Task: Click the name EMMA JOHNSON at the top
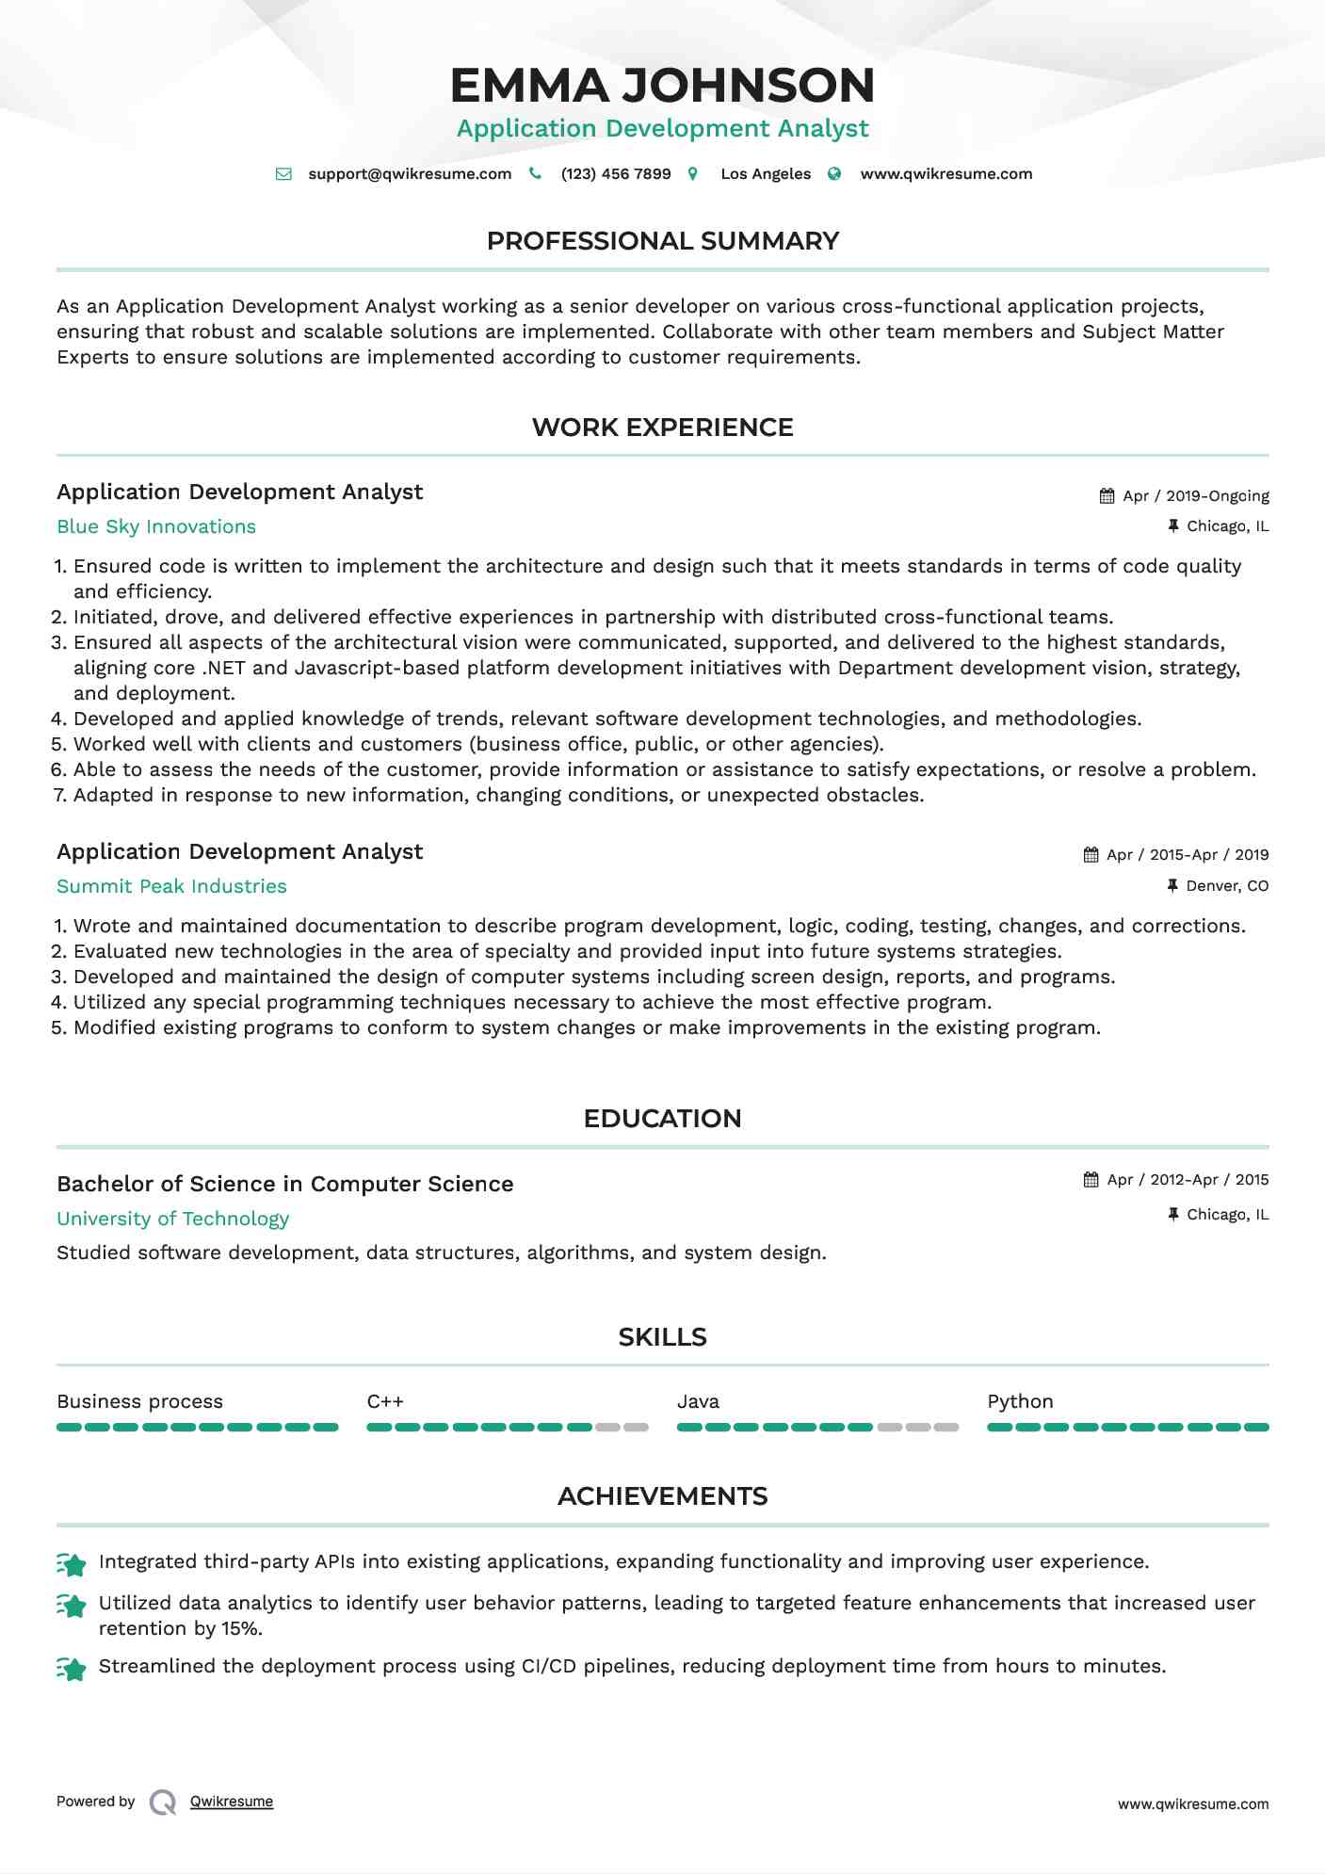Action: click(x=662, y=86)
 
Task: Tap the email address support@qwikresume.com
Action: click(x=410, y=174)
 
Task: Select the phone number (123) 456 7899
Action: click(x=616, y=174)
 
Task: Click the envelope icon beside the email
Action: click(x=283, y=174)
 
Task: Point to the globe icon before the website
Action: click(x=834, y=174)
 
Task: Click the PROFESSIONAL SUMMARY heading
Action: click(x=662, y=241)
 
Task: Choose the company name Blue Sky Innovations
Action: click(x=156, y=526)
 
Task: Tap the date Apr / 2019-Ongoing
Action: click(x=1196, y=496)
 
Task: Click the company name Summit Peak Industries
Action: click(x=171, y=886)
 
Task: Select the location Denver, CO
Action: click(x=1227, y=886)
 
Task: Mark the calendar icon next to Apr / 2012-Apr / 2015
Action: click(x=1091, y=1180)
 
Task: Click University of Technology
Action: click(x=172, y=1219)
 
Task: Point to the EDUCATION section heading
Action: click(x=662, y=1119)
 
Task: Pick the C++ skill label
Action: click(x=385, y=1401)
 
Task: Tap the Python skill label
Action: click(x=1020, y=1401)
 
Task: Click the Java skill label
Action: click(x=698, y=1401)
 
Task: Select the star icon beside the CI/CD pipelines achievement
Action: click(x=72, y=1669)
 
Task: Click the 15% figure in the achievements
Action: click(x=241, y=1629)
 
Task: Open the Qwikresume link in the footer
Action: click(x=232, y=1801)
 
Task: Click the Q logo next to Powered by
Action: click(x=163, y=1802)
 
